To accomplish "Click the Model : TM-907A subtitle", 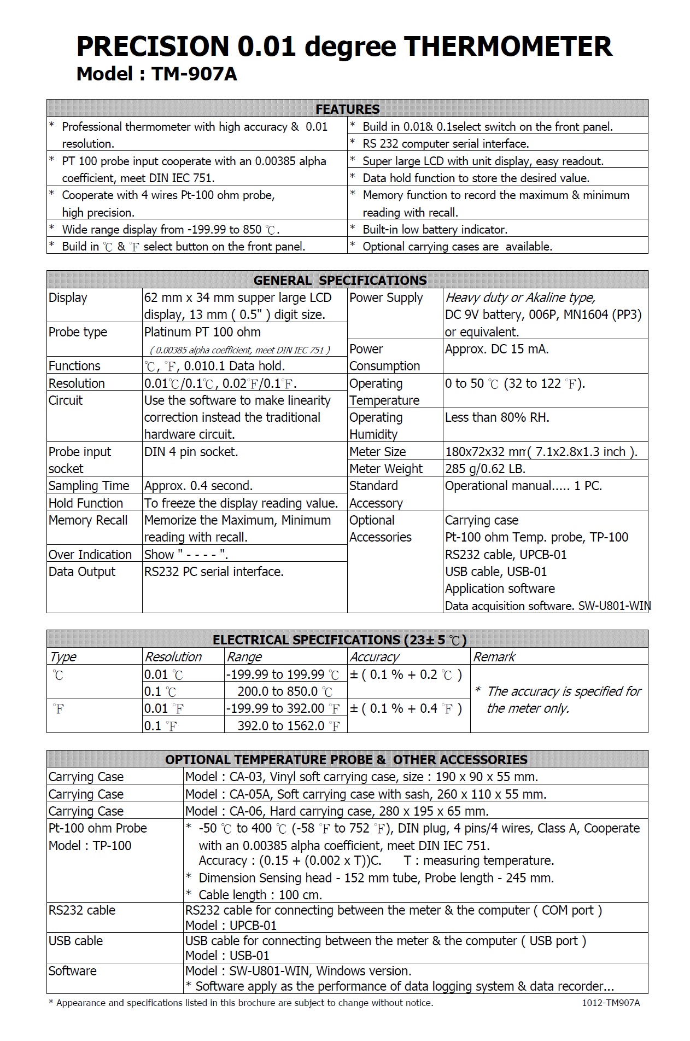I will pyautogui.click(x=156, y=74).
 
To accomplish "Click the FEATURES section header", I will pyautogui.click(x=347, y=109).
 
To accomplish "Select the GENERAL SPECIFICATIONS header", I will pyautogui.click(x=340, y=280).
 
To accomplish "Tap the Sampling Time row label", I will pyautogui.click(x=89, y=486).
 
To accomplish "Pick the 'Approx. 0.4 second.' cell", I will pyautogui.click(x=198, y=486).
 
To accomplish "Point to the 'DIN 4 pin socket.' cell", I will pyautogui.click(x=191, y=452).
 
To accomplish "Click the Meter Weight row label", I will pyautogui.click(x=385, y=469).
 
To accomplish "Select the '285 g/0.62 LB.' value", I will pyautogui.click(x=485, y=469).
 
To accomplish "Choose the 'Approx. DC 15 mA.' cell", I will pyautogui.click(x=496, y=349).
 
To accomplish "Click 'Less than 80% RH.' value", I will pyautogui.click(x=497, y=417).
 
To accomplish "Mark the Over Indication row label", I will pyautogui.click(x=90, y=555).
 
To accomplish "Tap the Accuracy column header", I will pyautogui.click(x=375, y=657).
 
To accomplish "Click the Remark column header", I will pyautogui.click(x=494, y=657).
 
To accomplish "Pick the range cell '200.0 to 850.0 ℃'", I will pyautogui.click(x=285, y=691).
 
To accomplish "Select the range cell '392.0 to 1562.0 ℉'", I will pyautogui.click(x=289, y=726).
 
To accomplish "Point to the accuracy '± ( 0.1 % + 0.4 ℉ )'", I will pyautogui.click(x=406, y=709).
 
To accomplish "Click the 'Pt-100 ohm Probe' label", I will pyautogui.click(x=97, y=828).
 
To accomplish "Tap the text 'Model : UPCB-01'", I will pyautogui.click(x=231, y=925).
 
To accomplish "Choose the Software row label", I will pyautogui.click(x=72, y=971).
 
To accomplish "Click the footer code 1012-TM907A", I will pyautogui.click(x=611, y=1003).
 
